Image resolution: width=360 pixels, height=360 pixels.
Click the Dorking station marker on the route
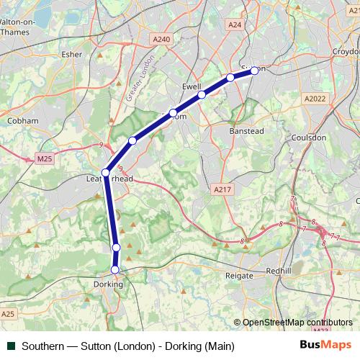pyautogui.click(x=114, y=270)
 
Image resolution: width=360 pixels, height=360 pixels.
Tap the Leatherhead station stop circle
pyautogui.click(x=106, y=173)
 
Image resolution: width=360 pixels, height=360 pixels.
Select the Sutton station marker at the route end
pyautogui.click(x=254, y=71)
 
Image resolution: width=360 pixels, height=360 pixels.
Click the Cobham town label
pyautogui.click(x=22, y=121)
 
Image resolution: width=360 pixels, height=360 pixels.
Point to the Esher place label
pyautogui.click(x=73, y=53)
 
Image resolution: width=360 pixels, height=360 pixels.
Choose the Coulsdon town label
pyautogui.click(x=309, y=137)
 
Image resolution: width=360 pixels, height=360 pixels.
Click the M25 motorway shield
pyautogui.click(x=45, y=158)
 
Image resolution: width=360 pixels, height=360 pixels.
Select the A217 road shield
pyautogui.click(x=222, y=189)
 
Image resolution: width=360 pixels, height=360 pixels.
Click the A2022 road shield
pyautogui.click(x=315, y=99)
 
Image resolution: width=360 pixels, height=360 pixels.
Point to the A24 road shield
pyautogui.click(x=235, y=24)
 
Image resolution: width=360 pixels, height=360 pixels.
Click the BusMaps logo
pyautogui.click(x=325, y=345)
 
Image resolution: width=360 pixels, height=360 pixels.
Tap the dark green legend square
pyautogui.click(x=10, y=346)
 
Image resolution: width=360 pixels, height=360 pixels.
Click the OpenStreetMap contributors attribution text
pyautogui.click(x=297, y=323)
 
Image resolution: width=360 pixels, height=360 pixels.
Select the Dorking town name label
pyautogui.click(x=109, y=284)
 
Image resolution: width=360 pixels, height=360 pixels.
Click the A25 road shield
pyautogui.click(x=9, y=314)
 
